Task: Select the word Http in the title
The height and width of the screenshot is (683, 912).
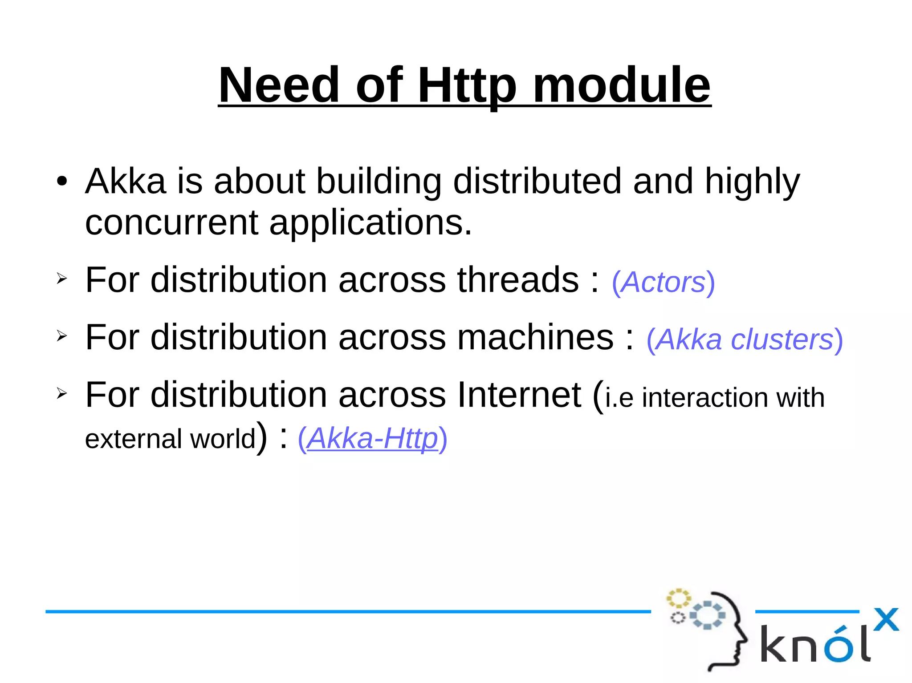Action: [467, 85]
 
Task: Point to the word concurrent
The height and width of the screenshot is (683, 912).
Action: [171, 222]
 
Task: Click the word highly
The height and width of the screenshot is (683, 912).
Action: [752, 182]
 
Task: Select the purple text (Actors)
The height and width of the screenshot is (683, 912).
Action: [663, 282]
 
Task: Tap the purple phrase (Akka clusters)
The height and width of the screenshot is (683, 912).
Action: [745, 339]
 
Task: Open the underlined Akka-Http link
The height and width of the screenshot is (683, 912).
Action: [372, 438]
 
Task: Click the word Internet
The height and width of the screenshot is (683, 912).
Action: [519, 395]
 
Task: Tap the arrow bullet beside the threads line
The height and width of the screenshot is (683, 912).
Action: [61, 279]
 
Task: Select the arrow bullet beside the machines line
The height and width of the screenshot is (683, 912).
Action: [61, 336]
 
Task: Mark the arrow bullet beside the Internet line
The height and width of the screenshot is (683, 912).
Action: [61, 393]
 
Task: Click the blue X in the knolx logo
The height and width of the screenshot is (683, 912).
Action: [886, 619]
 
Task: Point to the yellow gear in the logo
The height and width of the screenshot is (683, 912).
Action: [678, 598]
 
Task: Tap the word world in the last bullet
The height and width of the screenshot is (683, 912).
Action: [223, 439]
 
